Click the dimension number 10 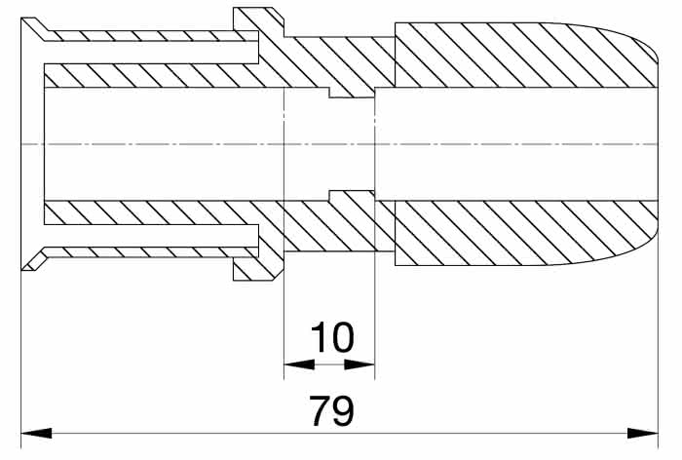(x=331, y=337)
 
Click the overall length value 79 (x=331, y=410)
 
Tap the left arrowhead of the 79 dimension (x=37, y=433)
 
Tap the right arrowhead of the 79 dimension (x=642, y=433)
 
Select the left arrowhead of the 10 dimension (x=299, y=364)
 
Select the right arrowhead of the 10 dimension (x=360, y=364)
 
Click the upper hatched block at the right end (x=526, y=55)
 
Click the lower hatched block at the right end (x=526, y=233)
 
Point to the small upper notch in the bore (x=351, y=93)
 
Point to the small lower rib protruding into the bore (x=352, y=195)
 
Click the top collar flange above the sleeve (x=258, y=21)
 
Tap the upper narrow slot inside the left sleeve (x=151, y=53)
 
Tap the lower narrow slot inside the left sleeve (x=151, y=236)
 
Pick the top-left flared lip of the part (x=35, y=29)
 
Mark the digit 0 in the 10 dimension (x=342, y=337)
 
